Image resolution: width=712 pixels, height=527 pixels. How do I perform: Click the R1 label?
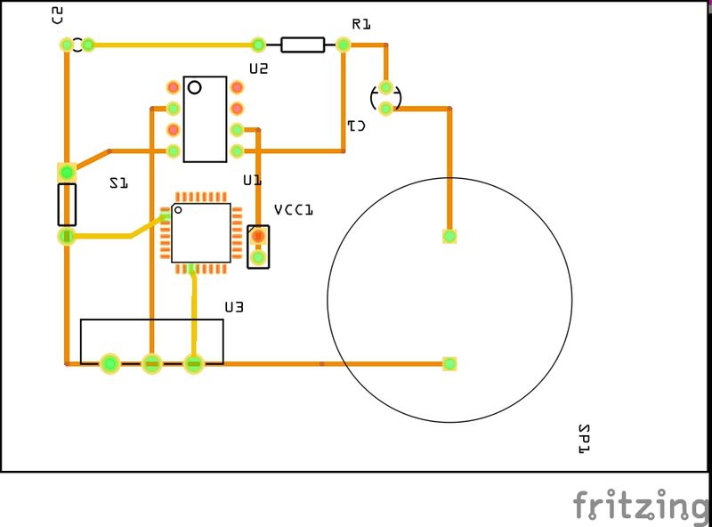tap(360, 24)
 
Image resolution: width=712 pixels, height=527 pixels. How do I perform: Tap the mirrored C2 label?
tap(58, 14)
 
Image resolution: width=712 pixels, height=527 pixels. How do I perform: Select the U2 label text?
tap(258, 68)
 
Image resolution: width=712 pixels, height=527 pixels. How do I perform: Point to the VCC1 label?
tap(294, 210)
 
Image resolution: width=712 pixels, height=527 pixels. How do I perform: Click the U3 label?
tap(234, 307)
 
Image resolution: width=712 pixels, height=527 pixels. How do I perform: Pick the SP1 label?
tap(585, 439)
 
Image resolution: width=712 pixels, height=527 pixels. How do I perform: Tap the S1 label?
tap(118, 182)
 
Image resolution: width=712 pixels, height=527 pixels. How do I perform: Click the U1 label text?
tap(252, 180)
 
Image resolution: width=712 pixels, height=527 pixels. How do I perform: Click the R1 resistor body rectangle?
tap(303, 45)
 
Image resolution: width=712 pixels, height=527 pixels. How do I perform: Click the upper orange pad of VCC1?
tap(258, 237)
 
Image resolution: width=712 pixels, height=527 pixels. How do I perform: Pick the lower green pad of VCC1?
tap(258, 258)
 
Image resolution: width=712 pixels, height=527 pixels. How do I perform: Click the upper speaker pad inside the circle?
tap(449, 236)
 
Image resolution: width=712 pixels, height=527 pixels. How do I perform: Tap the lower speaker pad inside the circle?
tap(449, 363)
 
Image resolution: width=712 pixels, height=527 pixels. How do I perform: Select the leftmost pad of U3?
tap(109, 363)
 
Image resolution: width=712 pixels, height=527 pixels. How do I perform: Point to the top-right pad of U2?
tap(238, 87)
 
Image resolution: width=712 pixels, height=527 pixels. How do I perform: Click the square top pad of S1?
tap(66, 171)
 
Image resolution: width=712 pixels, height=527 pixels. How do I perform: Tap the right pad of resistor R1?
tap(344, 44)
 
